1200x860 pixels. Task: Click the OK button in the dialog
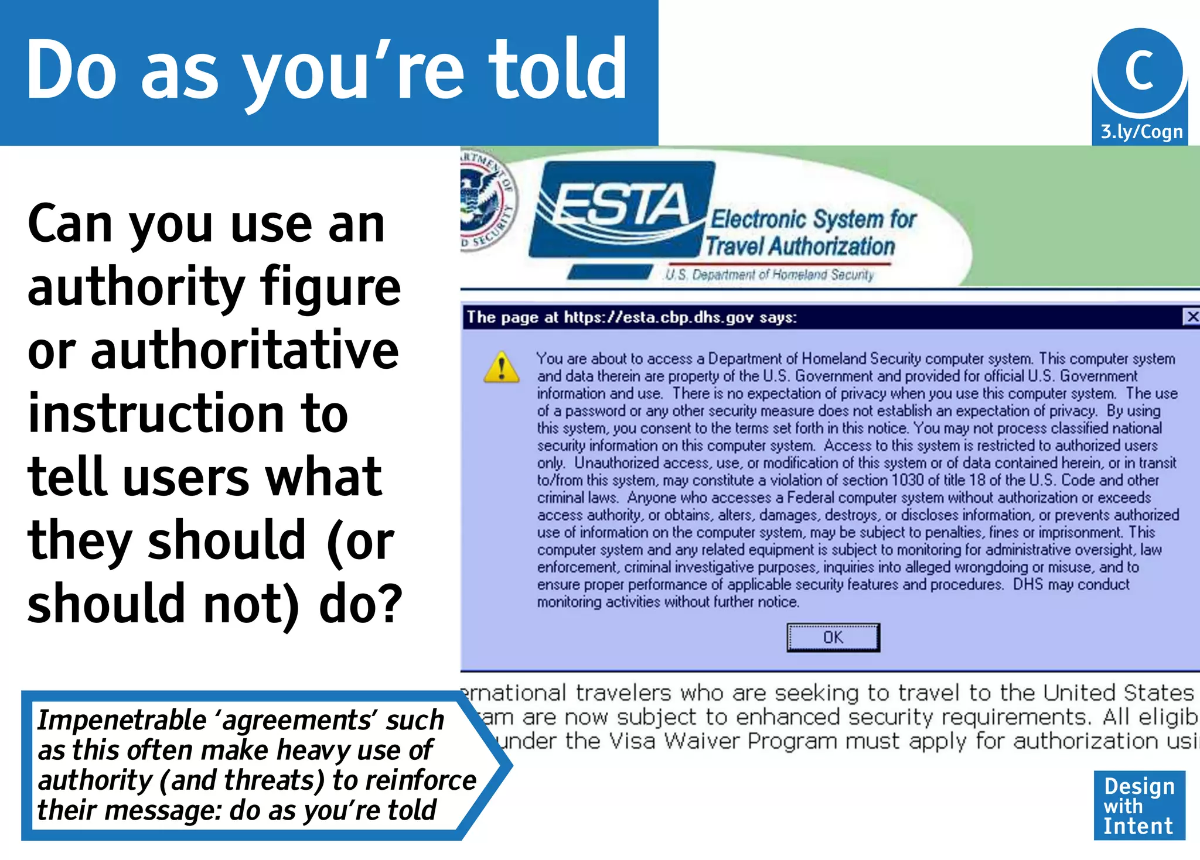pyautogui.click(x=833, y=638)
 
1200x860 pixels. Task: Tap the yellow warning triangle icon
pyautogui.click(x=502, y=368)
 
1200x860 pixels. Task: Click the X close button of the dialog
pyautogui.click(x=1192, y=317)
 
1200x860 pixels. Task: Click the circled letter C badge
pyautogui.click(x=1140, y=70)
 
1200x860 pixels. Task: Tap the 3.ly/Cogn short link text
pyautogui.click(x=1141, y=132)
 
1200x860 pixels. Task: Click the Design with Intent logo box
pyautogui.click(x=1139, y=806)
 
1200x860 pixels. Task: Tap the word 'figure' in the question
pyautogui.click(x=331, y=287)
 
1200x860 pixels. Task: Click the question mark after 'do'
pyautogui.click(x=390, y=604)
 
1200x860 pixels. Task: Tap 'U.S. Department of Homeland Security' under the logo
pyautogui.click(x=769, y=275)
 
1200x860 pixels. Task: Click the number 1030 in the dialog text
pyautogui.click(x=907, y=481)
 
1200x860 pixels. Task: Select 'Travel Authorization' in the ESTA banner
pyautogui.click(x=800, y=246)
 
